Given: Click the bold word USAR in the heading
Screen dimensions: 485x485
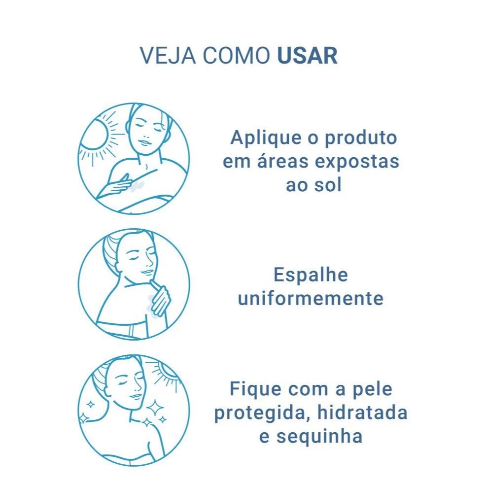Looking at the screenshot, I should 307,56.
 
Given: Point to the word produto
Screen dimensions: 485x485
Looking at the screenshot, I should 361,138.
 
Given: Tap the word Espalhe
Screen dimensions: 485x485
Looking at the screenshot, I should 311,275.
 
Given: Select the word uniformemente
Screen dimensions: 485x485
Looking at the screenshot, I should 311,299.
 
